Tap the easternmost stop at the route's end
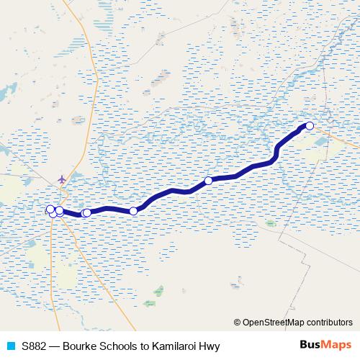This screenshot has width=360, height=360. (x=310, y=126)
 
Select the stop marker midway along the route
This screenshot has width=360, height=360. (x=208, y=181)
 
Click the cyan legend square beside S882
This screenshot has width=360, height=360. (x=10, y=346)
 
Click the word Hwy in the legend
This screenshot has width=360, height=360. (x=209, y=346)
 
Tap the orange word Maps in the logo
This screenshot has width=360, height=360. (x=336, y=346)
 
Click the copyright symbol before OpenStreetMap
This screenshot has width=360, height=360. (x=237, y=323)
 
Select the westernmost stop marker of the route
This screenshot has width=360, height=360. (x=51, y=211)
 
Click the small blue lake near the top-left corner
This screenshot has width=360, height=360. (x=9, y=90)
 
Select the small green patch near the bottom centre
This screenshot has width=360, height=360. (x=157, y=292)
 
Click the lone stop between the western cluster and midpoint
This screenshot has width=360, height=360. (x=133, y=211)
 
